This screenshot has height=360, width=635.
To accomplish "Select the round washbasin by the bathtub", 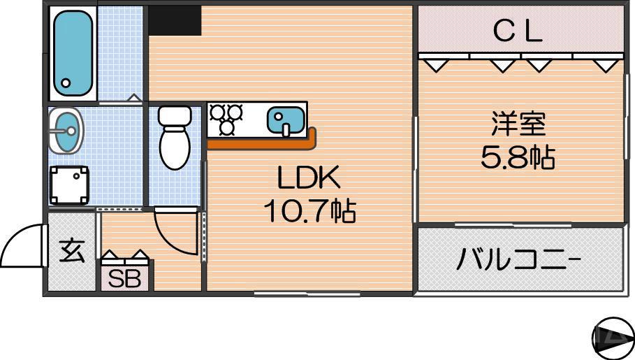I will pyautogui.click(x=66, y=130).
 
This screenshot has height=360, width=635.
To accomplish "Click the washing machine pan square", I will pyautogui.click(x=69, y=185).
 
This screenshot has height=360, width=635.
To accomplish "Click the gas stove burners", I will pyautogui.click(x=226, y=119).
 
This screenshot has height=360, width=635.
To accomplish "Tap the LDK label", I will pyautogui.click(x=309, y=180).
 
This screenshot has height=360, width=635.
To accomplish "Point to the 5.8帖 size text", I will pyautogui.click(x=518, y=158).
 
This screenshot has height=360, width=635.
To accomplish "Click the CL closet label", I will pyautogui.click(x=518, y=31).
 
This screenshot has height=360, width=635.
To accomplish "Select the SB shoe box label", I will pyautogui.click(x=125, y=278).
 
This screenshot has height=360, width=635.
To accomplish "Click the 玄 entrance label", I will pyautogui.click(x=71, y=250).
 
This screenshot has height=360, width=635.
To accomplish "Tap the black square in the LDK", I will pyautogui.click(x=175, y=20).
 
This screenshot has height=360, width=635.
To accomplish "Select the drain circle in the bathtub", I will pyautogui.click(x=66, y=82).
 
